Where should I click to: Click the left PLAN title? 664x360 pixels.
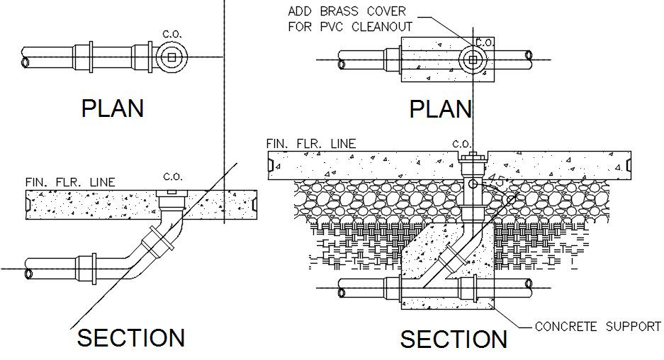pyautogui.click(x=113, y=108)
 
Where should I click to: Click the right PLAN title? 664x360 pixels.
pyautogui.click(x=441, y=109)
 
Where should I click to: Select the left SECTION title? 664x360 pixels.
pyautogui.click(x=131, y=337)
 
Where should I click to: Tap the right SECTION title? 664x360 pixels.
pyautogui.click(x=454, y=339)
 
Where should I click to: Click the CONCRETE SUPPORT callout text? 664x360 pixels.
pyautogui.click(x=597, y=327)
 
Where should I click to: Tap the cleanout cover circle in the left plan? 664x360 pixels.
pyautogui.click(x=170, y=56)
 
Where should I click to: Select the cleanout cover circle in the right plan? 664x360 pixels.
pyautogui.click(x=472, y=61)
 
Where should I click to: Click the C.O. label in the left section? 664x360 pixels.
pyautogui.click(x=173, y=176)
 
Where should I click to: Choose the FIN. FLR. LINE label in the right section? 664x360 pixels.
pyautogui.click(x=311, y=144)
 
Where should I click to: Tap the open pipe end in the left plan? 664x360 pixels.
pyautogui.click(x=26, y=62)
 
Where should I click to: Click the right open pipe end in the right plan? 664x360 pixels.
pyautogui.click(x=529, y=55)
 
